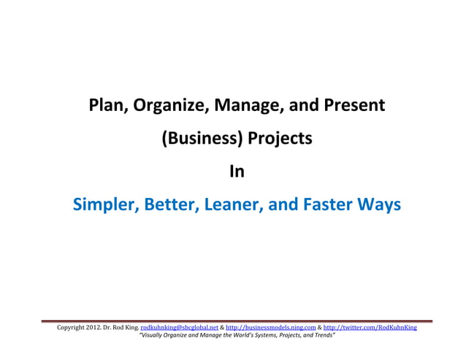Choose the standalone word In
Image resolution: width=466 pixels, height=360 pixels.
coord(236,172)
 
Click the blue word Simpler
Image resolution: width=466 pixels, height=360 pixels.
coord(103,205)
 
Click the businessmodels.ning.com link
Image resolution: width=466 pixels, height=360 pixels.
coord(271,329)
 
